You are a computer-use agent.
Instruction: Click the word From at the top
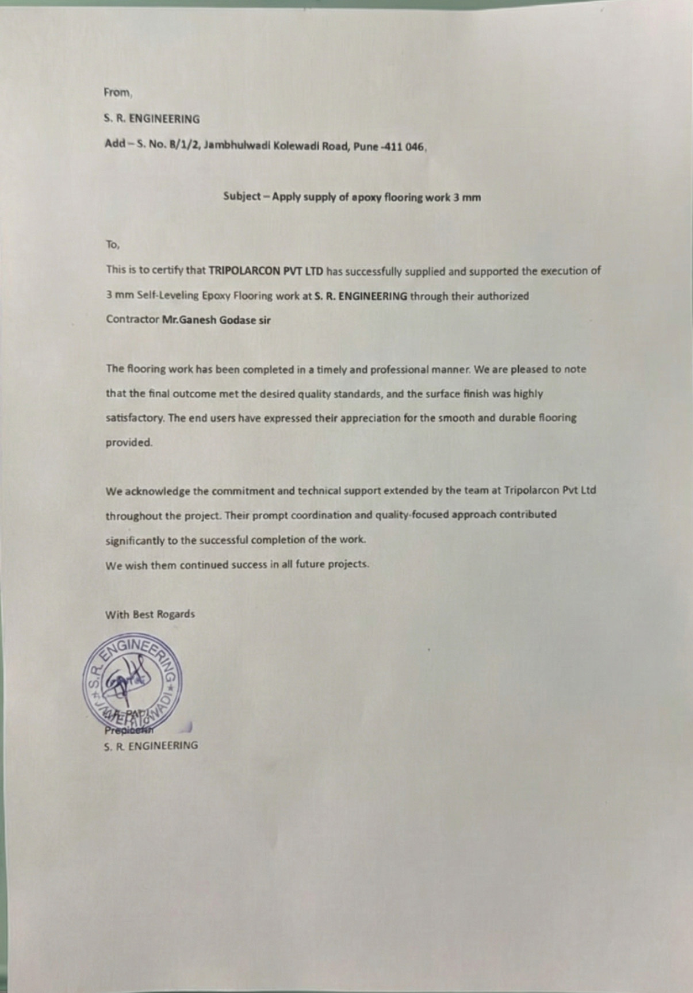point(117,92)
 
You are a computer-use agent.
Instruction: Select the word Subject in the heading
point(242,196)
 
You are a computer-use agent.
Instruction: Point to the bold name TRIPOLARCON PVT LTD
point(266,271)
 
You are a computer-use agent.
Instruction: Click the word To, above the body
point(112,244)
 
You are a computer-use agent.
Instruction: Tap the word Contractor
point(132,320)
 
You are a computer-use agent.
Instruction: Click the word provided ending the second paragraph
point(129,443)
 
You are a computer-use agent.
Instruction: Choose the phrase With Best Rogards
point(150,614)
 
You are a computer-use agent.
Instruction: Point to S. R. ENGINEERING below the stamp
point(151,746)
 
